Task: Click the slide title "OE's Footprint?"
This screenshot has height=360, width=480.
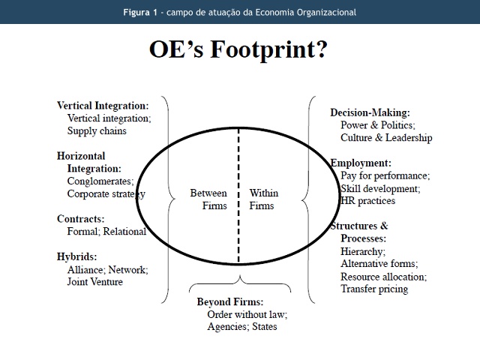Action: point(238,51)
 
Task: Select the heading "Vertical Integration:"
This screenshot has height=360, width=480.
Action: point(103,106)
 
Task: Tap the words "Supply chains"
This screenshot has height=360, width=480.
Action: point(97,130)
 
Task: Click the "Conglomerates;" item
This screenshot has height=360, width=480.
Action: point(100,181)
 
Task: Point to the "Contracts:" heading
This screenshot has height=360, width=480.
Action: point(81,219)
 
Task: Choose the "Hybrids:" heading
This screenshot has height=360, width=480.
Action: point(77,256)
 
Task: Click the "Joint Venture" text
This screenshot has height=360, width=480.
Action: point(94,282)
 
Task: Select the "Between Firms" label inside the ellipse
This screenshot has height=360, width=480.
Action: point(208,199)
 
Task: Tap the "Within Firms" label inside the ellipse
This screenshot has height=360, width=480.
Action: point(263,199)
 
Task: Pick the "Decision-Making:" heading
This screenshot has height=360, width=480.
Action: point(370,112)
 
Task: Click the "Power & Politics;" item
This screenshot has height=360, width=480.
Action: point(378,125)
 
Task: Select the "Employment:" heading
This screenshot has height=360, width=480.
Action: point(361,163)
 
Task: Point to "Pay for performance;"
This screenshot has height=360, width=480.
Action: point(385,175)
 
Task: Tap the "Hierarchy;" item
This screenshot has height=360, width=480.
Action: point(363,251)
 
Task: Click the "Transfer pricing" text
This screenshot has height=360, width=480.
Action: point(374,289)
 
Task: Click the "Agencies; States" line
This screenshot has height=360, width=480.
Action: point(242,326)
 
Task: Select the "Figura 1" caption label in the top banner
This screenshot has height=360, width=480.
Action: point(142,12)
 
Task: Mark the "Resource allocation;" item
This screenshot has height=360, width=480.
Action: point(383,277)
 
